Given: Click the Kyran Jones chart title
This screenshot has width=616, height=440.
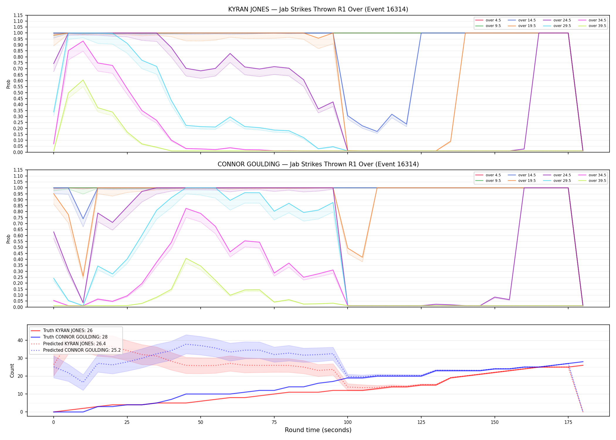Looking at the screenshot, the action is tap(318, 9).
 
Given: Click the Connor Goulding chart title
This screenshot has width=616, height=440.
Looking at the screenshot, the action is tap(318, 164).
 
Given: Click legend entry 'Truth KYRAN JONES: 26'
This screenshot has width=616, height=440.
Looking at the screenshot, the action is tap(68, 331).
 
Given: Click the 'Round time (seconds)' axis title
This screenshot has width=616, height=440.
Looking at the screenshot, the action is tap(318, 430).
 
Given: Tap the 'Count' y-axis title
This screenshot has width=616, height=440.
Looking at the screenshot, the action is tap(12, 370).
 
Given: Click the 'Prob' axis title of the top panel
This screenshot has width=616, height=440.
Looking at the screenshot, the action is tap(9, 84).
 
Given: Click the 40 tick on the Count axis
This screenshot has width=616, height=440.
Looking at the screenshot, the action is tap(20, 340).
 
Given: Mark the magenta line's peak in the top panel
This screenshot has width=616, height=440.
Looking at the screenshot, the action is tap(83, 41).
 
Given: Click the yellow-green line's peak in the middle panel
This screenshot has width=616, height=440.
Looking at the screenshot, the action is tap(186, 258).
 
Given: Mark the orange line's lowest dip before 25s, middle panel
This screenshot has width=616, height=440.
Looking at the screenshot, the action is tap(83, 276).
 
